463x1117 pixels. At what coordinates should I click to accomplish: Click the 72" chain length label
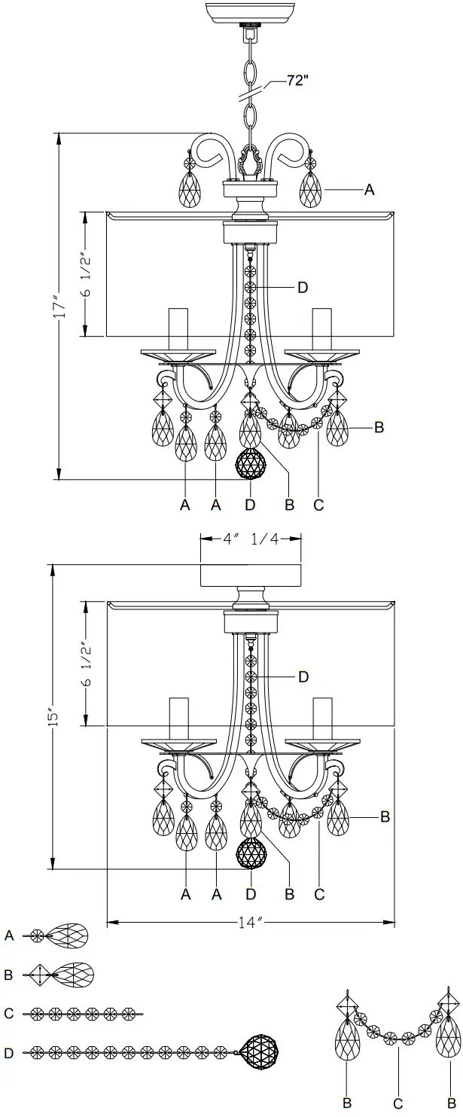point(297,81)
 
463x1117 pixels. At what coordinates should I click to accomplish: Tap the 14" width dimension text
point(251,921)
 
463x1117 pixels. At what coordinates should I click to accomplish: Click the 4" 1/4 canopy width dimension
point(250,538)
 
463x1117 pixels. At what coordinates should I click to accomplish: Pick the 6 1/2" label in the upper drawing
point(87,273)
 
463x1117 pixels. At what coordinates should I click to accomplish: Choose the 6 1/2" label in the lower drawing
point(87,664)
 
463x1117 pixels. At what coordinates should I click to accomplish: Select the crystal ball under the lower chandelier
point(251,854)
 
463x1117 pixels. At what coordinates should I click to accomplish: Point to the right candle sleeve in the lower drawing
point(322,719)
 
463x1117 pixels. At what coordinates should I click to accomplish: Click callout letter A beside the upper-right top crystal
point(369,191)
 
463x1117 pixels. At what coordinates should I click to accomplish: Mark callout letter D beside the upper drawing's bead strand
point(302,287)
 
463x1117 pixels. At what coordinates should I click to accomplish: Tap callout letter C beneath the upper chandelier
point(318,505)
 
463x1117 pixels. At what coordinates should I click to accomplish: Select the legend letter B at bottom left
point(9,975)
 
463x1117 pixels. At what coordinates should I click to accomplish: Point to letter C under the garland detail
point(398,1103)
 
